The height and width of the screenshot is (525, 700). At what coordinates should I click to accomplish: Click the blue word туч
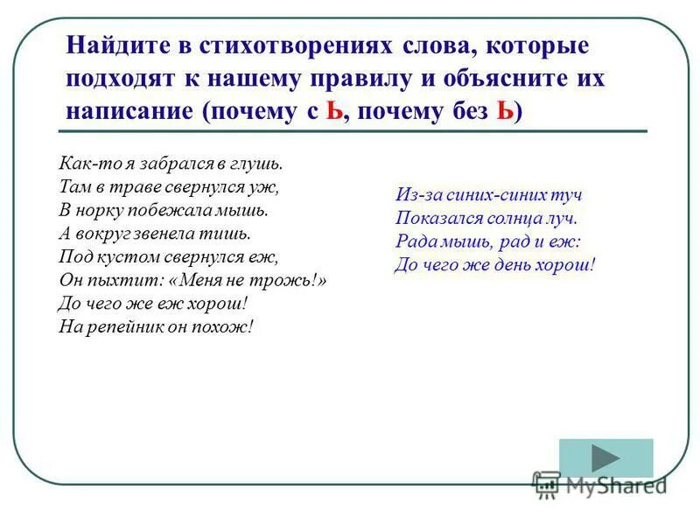(564, 194)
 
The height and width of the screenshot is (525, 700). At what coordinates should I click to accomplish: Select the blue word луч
(561, 218)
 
